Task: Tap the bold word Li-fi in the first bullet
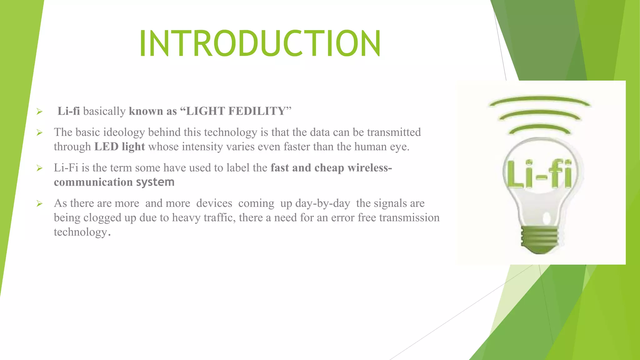tap(69, 111)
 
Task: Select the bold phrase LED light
tap(120, 147)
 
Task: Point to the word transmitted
tap(394, 132)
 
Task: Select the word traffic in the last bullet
tap(219, 218)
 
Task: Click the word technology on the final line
tap(81, 232)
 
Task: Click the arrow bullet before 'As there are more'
tap(39, 204)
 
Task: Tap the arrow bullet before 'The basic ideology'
tap(39, 133)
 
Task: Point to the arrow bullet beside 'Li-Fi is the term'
tap(39, 168)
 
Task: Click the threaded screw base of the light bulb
tap(539, 239)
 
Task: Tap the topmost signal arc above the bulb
tap(539, 101)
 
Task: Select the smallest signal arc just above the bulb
tap(540, 128)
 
